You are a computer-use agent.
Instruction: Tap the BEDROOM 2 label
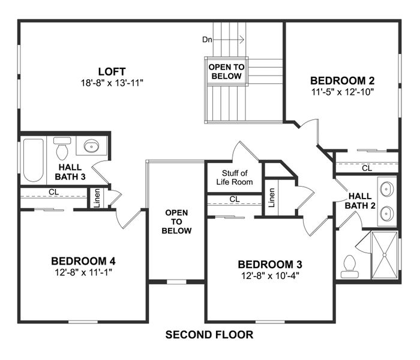pos(338,80)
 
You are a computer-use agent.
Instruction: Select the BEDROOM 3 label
pos(270,264)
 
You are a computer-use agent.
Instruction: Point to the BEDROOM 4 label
pos(83,261)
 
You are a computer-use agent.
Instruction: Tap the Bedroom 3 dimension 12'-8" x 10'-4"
pos(270,276)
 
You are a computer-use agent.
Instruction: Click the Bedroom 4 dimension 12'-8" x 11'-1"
pos(83,272)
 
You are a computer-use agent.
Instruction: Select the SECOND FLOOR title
pos(209,334)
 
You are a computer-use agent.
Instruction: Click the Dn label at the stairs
pos(208,40)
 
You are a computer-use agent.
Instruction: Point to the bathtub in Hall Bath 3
pos(34,160)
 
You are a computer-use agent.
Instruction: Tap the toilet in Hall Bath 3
pos(62,146)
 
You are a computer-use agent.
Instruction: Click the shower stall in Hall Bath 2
pos(383,256)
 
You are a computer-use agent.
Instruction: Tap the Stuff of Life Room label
pos(233,178)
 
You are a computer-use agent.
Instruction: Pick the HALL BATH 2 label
pos(361,200)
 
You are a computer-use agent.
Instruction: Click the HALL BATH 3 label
pos(71,172)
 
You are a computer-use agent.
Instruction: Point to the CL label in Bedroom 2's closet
pos(366,169)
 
